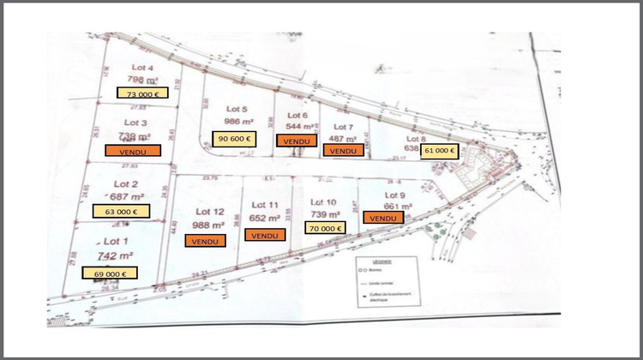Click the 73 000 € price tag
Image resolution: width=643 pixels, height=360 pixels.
pyautogui.click(x=143, y=94)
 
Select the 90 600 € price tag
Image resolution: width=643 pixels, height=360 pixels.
pyautogui.click(x=234, y=139)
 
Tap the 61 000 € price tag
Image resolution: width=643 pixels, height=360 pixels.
pyautogui.click(x=440, y=150)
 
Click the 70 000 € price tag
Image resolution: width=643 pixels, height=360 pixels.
pyautogui.click(x=325, y=228)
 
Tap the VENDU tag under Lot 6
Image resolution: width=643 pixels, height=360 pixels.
pyautogui.click(x=296, y=141)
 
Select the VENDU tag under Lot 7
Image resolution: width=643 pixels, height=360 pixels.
pyautogui.click(x=343, y=150)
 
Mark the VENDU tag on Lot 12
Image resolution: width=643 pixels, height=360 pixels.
pyautogui.click(x=206, y=241)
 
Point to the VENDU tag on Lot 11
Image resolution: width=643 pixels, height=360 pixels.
pyautogui.click(x=266, y=235)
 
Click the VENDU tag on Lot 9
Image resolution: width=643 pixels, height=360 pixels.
pyautogui.click(x=384, y=218)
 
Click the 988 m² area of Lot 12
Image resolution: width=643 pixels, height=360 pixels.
pyautogui.click(x=209, y=225)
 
